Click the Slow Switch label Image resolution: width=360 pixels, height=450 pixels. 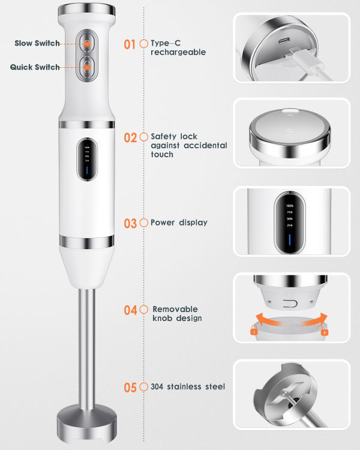point(37,43)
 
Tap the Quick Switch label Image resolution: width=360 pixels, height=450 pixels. point(35,67)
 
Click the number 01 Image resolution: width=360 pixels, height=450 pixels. point(130,44)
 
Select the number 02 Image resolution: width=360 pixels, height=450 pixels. point(130,137)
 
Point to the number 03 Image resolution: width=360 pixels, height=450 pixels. point(130,223)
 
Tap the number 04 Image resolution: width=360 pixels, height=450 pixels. point(130,310)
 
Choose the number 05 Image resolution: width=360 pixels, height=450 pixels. point(130,387)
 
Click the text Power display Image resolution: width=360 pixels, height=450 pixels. point(179,223)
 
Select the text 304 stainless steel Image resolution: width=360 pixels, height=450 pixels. point(188,387)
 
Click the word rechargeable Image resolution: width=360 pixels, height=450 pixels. point(178,52)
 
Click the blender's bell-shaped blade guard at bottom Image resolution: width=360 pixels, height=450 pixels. point(86,424)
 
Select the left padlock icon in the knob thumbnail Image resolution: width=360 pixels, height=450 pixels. point(254,329)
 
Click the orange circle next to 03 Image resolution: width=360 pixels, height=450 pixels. point(143,223)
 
